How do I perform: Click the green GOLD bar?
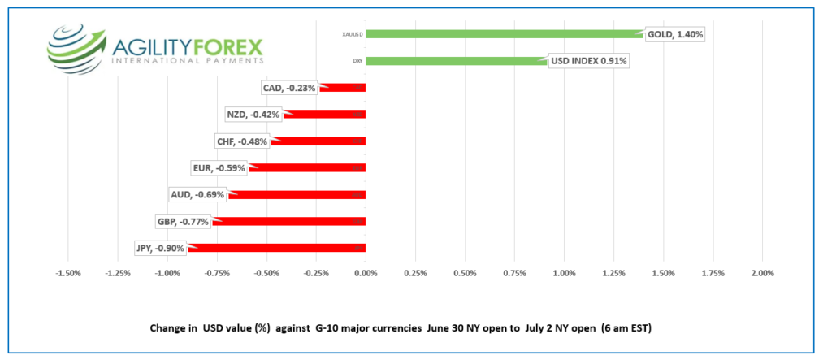504,34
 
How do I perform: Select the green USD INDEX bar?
455,61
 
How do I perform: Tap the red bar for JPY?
276,248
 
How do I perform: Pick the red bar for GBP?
289,221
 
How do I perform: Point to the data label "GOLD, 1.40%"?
674,34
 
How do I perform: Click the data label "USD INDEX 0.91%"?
589,61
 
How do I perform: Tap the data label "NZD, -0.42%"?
253,115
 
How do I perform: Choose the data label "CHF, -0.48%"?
241,141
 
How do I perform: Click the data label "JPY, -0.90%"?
160,248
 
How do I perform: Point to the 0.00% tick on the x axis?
366,273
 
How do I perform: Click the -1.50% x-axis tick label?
67,273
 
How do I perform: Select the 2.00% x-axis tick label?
763,273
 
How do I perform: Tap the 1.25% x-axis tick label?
613,273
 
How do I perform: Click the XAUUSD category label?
353,35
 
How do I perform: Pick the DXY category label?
357,61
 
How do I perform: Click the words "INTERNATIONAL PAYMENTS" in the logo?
187,61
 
